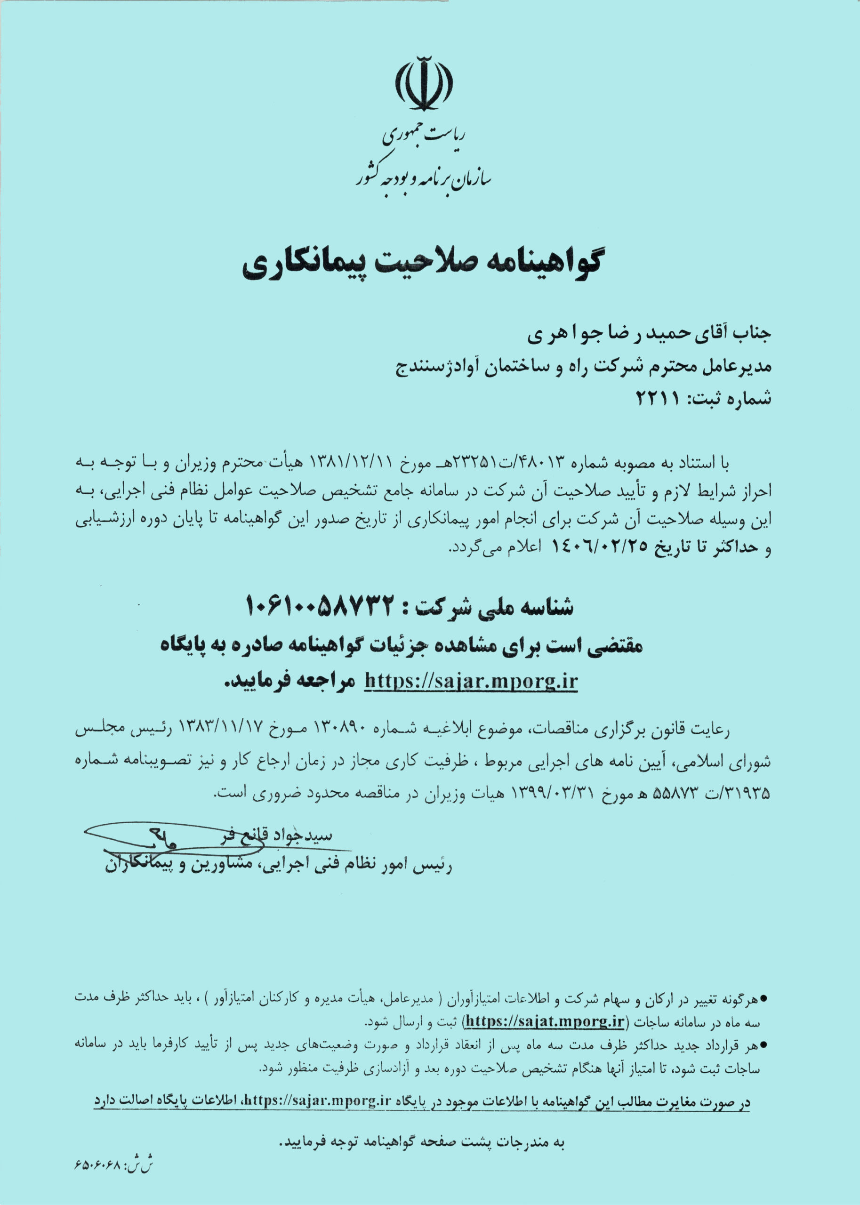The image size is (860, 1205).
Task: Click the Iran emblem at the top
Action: (x=424, y=84)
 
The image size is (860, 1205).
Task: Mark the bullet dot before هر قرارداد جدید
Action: (x=764, y=1045)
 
